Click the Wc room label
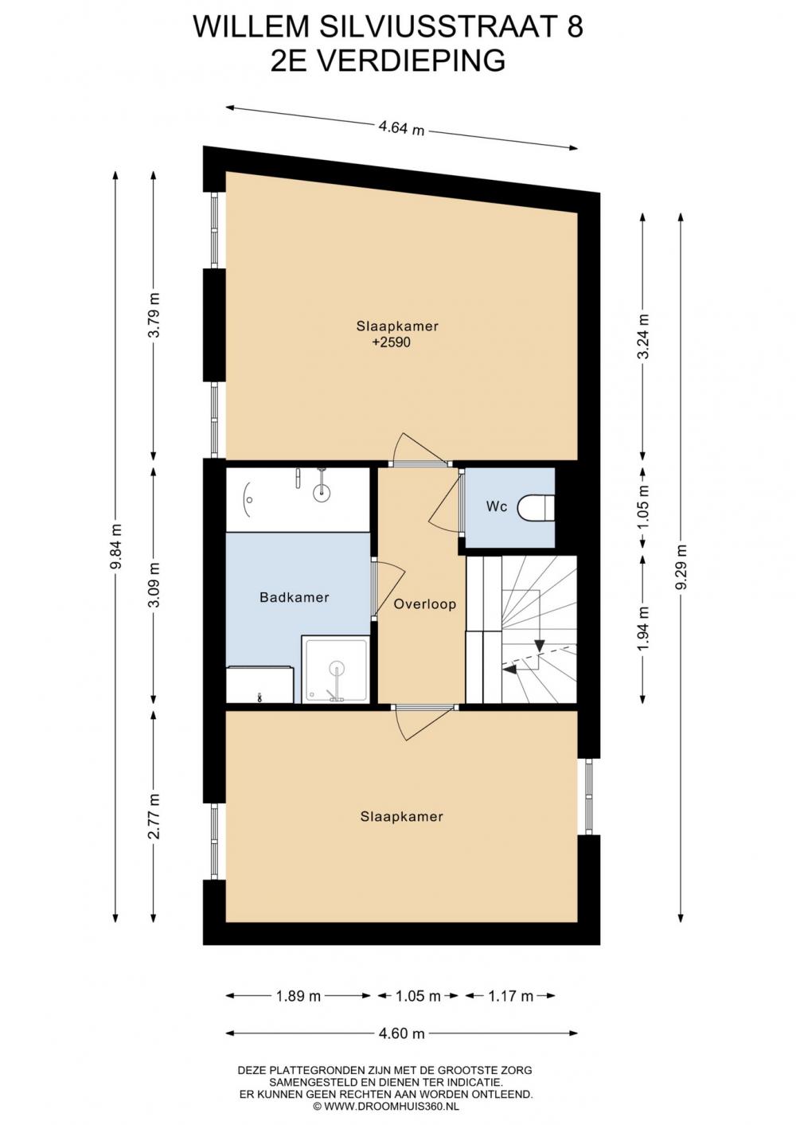point(496,506)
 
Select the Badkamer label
point(295,598)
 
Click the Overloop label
point(425,604)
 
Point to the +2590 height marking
point(391,342)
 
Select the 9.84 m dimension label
point(116,546)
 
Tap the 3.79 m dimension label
point(154,315)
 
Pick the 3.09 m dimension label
point(154,584)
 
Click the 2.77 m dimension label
point(154,816)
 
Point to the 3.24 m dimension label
point(643,337)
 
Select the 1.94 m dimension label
point(643,628)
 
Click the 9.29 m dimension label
point(681,568)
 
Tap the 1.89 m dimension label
point(298,995)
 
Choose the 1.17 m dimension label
point(511,995)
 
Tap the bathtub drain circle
point(321,492)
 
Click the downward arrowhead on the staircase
point(540,646)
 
